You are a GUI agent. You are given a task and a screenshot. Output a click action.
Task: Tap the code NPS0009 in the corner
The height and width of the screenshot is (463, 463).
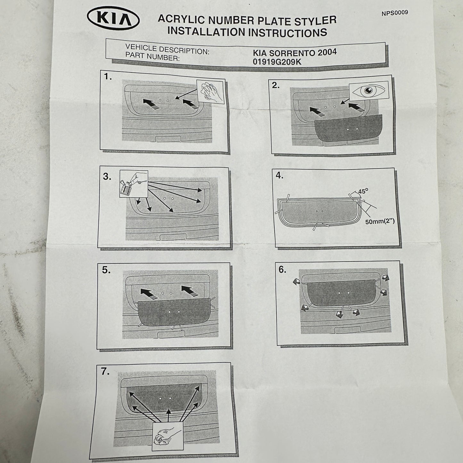point(395,13)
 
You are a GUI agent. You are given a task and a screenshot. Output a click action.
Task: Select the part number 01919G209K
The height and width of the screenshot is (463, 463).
point(277,62)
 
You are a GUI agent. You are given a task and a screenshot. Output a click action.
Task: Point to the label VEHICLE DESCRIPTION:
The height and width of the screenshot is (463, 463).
point(167,50)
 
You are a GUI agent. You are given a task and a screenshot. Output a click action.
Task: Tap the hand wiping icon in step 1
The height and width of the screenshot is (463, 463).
point(211,92)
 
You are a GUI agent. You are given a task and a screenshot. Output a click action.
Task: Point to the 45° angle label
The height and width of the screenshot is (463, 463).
point(363,191)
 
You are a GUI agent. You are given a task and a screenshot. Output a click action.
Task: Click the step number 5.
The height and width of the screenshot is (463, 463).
point(106,270)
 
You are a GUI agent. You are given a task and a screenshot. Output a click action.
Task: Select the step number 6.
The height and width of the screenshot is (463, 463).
point(282,270)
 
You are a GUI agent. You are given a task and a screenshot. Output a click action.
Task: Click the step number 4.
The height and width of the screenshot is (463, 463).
point(279,176)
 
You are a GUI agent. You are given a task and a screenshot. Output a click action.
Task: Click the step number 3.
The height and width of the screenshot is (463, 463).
point(107,177)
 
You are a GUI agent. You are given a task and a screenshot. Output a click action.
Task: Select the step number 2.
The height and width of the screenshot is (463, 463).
point(276,86)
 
